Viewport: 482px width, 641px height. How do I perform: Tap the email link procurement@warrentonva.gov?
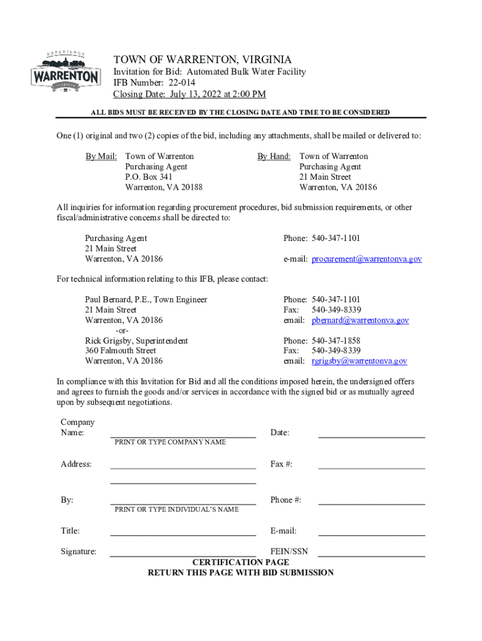click(367, 259)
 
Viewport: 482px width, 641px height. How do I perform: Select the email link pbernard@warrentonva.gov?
click(360, 320)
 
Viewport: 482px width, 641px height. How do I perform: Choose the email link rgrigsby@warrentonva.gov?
click(359, 361)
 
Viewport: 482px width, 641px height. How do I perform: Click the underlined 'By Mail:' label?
click(101, 156)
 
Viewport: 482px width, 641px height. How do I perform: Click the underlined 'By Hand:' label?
click(274, 156)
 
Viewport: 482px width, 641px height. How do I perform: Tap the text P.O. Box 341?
click(149, 177)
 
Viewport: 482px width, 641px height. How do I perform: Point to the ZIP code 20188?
click(190, 187)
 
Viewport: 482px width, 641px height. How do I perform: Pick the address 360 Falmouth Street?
click(120, 351)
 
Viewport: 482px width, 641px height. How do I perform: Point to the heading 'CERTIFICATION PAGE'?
click(240, 562)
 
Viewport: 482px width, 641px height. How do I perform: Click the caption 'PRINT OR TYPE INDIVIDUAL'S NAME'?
click(177, 510)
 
